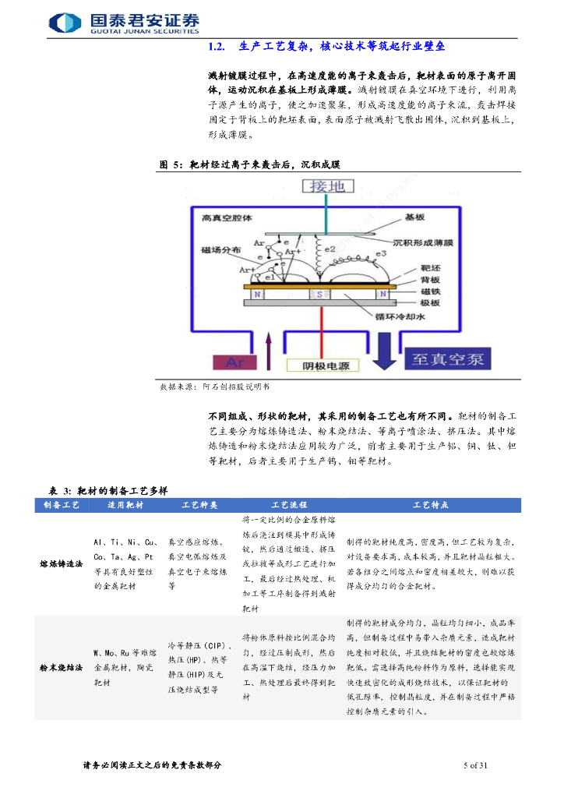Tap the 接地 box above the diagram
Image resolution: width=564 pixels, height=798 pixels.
pyautogui.click(x=326, y=186)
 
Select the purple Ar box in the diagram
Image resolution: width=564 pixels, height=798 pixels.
pyautogui.click(x=234, y=362)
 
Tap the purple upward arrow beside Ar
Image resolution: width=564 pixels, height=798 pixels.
pyautogui.click(x=268, y=348)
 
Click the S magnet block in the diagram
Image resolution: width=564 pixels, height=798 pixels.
pyautogui.click(x=318, y=295)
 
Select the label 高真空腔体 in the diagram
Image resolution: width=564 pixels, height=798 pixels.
pyautogui.click(x=227, y=219)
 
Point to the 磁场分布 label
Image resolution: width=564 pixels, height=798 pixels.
pyautogui.click(x=220, y=251)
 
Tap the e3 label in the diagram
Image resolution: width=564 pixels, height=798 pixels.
pyautogui.click(x=382, y=254)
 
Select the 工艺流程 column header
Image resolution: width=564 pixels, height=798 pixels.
pyautogui.click(x=288, y=505)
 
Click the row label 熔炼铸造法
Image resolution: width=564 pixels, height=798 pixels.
pyautogui.click(x=62, y=563)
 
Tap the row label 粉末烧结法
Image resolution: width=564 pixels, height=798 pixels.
pyautogui.click(x=62, y=668)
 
